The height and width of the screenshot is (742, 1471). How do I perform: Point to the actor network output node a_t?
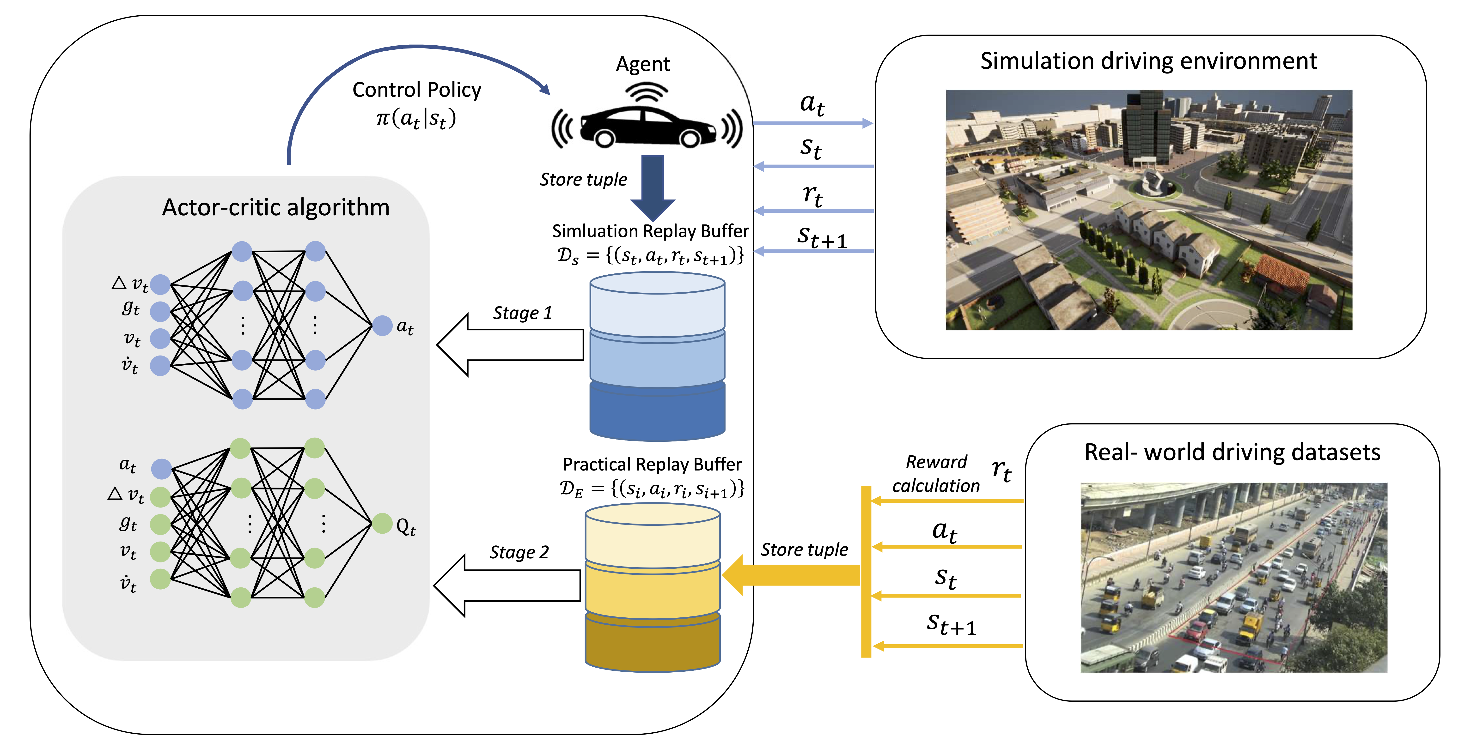382,326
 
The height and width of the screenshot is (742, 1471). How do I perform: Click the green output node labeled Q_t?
382,523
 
